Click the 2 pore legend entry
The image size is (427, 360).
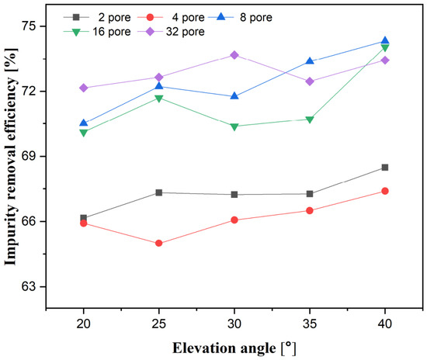click(97, 17)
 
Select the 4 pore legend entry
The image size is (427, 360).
click(171, 17)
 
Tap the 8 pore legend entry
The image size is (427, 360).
click(240, 17)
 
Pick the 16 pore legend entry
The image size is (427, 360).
click(97, 32)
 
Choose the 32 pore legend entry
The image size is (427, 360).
click(171, 32)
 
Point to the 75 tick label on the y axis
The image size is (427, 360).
click(30, 26)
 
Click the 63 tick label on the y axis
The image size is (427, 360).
click(30, 286)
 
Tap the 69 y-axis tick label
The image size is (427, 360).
click(30, 156)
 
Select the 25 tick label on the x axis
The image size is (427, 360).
click(158, 324)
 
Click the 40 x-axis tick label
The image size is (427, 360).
click(385, 324)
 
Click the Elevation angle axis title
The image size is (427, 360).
click(234, 348)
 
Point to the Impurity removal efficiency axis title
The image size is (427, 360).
click(11, 157)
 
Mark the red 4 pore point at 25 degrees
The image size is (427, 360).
click(158, 243)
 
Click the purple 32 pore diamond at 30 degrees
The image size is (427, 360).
click(234, 55)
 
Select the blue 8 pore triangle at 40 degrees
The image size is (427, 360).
click(385, 40)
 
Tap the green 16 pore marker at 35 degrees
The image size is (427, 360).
click(310, 119)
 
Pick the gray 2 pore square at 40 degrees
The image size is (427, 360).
click(385, 168)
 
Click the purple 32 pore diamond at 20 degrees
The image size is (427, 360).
click(84, 88)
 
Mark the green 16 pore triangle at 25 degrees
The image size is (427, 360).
click(158, 99)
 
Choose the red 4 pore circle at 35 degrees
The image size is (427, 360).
click(310, 210)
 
